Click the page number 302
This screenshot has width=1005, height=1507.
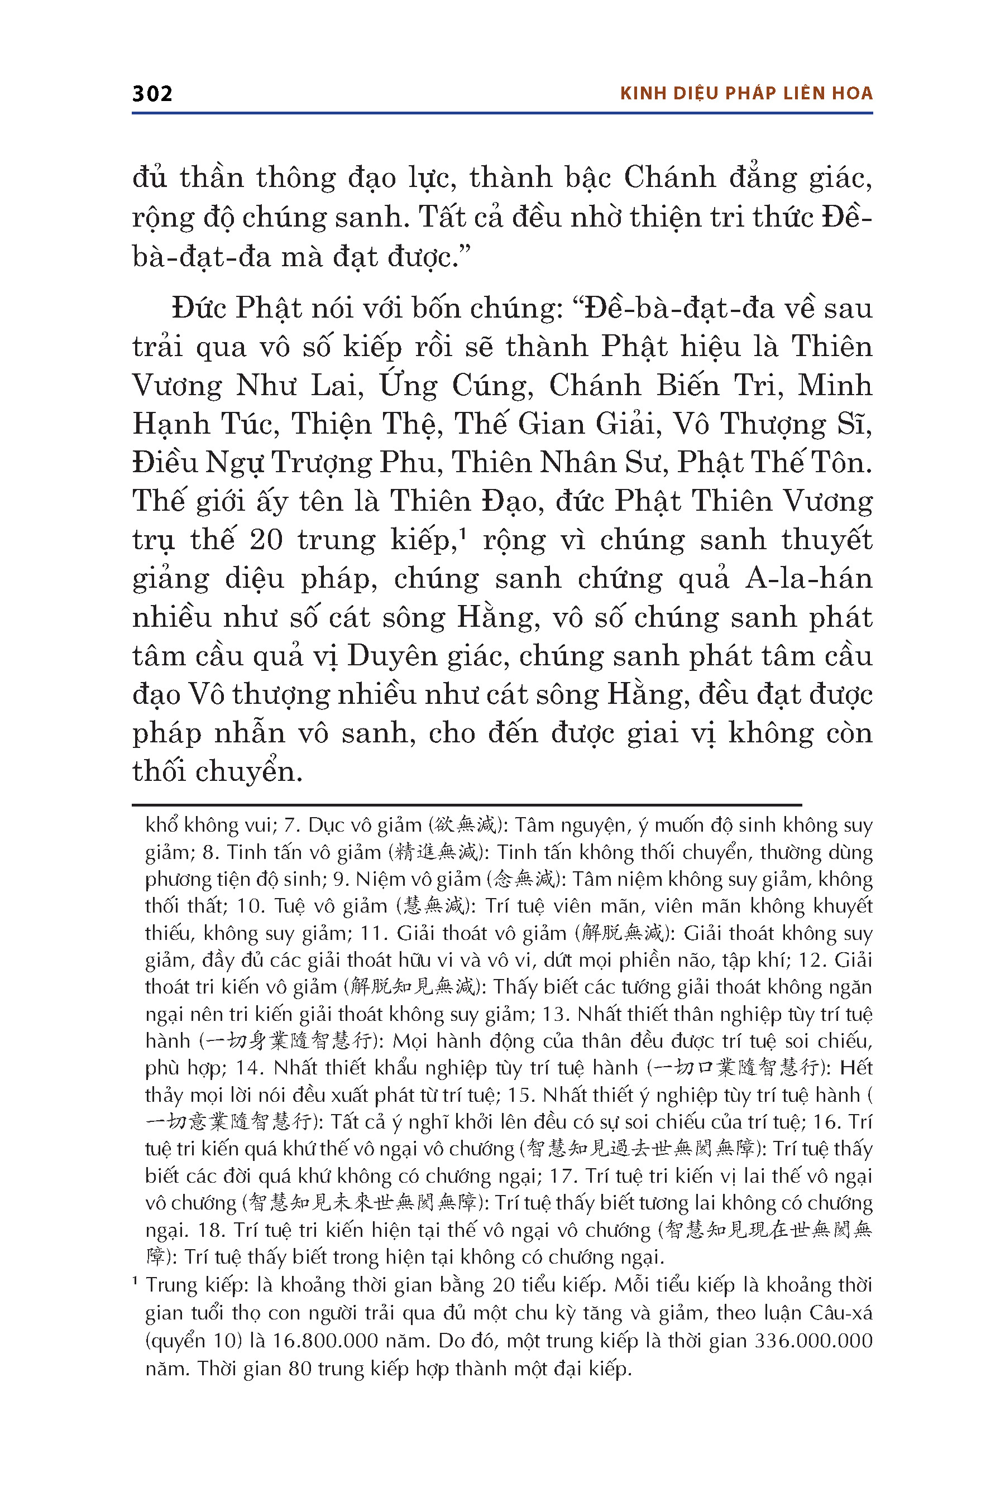point(152,94)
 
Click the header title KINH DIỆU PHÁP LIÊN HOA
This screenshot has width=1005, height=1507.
point(746,94)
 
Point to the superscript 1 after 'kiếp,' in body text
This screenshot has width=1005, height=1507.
point(462,531)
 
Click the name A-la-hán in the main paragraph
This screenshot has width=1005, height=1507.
point(808,579)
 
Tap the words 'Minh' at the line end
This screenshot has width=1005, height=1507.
point(835,386)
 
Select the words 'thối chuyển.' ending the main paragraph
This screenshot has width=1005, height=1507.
point(217,771)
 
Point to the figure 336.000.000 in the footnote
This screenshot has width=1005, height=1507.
point(813,1341)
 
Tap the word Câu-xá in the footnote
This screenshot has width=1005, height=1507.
point(840,1313)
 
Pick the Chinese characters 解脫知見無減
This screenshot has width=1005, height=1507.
point(413,987)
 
